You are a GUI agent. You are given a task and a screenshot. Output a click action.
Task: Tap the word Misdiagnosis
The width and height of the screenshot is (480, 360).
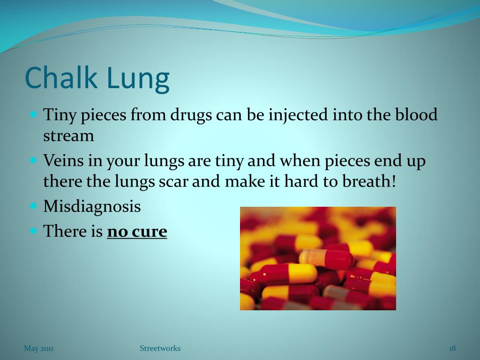pos(92,206)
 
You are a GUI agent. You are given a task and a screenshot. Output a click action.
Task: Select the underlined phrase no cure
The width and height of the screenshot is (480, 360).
pos(137,231)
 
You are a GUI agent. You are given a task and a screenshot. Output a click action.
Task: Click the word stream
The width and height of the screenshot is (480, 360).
pos(68,136)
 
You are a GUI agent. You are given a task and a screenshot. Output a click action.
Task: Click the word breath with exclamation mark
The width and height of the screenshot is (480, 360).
pos(370,181)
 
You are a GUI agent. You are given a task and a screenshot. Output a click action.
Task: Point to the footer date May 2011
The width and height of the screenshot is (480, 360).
pos(39,348)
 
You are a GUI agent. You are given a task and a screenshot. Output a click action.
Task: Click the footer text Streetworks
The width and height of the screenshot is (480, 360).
pos(160,348)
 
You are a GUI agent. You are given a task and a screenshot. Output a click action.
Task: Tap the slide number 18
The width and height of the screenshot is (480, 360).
pos(452,348)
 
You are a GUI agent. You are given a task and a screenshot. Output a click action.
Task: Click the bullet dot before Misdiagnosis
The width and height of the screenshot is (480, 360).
pos(34,206)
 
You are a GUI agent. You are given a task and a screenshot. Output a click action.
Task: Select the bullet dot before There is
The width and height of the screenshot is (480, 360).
pos(34,231)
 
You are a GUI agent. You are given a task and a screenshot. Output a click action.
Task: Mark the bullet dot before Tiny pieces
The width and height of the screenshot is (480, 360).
pos(34,114)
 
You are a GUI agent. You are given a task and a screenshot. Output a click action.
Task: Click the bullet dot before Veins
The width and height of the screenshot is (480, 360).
pos(34,160)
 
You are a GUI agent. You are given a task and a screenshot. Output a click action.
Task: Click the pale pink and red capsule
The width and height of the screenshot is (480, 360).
pos(327,258)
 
